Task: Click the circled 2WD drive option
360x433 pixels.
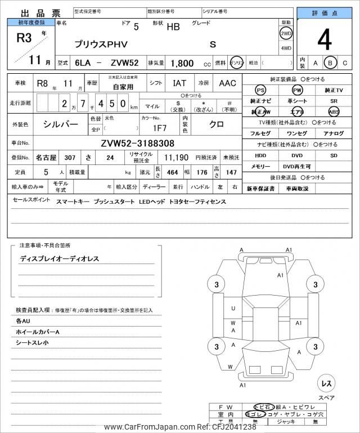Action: point(286,33)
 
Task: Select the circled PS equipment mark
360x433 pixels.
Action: point(260,90)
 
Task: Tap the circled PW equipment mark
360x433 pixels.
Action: point(297,90)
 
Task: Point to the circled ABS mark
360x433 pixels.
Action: point(334,111)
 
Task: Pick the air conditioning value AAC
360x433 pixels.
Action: point(227,83)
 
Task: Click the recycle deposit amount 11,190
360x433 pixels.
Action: point(175,158)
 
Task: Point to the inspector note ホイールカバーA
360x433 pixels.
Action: point(38,332)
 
